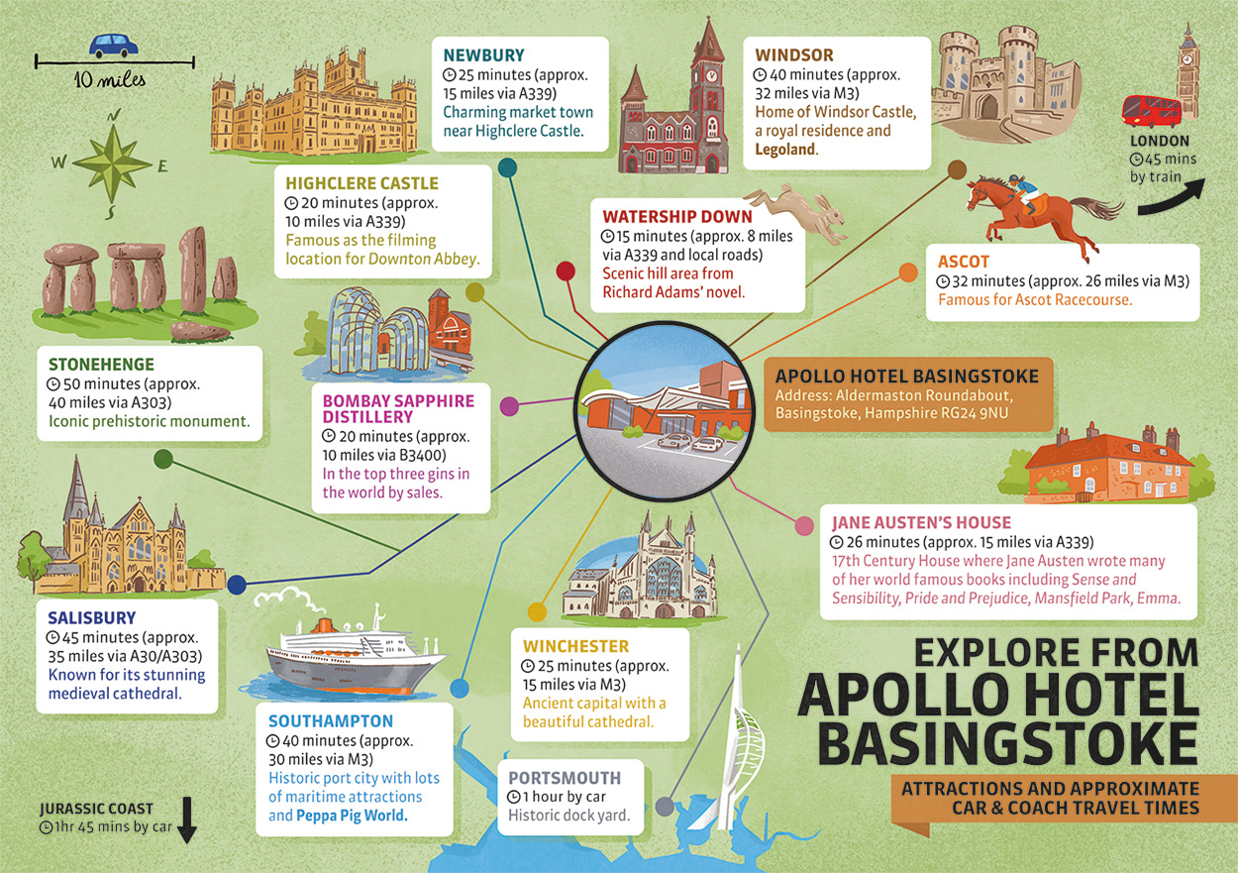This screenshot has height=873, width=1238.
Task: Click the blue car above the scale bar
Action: [x=114, y=46]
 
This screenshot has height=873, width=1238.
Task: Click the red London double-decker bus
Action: [x=1150, y=110]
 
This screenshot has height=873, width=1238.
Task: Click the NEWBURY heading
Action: [x=483, y=55]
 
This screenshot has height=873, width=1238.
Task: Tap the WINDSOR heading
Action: [x=794, y=55]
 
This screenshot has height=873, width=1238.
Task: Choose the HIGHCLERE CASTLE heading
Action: [x=361, y=183]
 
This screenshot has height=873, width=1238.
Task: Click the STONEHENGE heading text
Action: [x=102, y=365]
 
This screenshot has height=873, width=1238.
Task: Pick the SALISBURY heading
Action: [x=92, y=618]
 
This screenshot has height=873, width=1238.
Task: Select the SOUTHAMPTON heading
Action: [x=331, y=720]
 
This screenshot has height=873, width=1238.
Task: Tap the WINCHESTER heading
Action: [x=575, y=646]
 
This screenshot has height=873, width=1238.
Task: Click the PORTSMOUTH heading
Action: [x=565, y=778]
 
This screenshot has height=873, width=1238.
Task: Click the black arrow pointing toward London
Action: [x=1172, y=199]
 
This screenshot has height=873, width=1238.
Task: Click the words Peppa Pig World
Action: [x=352, y=817]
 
